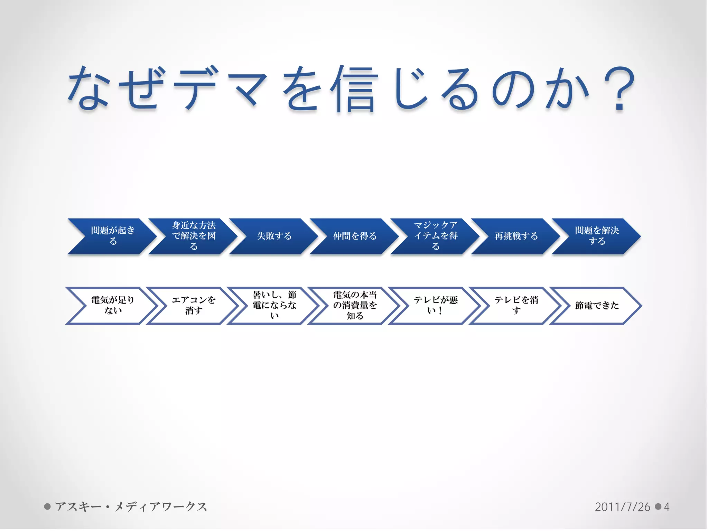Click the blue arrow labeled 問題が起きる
(113, 236)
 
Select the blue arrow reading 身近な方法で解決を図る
(194, 236)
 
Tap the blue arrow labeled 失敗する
(274, 236)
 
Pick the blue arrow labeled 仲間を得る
(355, 236)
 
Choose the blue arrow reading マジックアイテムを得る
(436, 236)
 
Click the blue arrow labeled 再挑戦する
(516, 236)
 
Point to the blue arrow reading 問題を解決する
(597, 236)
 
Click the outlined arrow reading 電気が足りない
(113, 306)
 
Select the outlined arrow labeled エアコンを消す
(194, 306)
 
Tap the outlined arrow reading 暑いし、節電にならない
(274, 306)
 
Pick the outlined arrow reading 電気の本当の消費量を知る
(355, 306)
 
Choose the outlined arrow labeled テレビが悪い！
(436, 306)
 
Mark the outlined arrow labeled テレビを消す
(516, 306)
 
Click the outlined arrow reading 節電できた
(597, 306)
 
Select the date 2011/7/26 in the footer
(622, 507)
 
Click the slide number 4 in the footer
(667, 507)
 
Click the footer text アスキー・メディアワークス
(131, 507)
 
